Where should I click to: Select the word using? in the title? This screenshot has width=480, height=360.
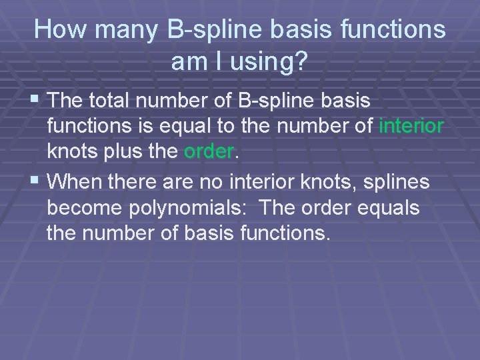[271, 62]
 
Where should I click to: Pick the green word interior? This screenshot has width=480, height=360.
[411, 126]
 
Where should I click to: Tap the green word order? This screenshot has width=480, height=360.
[209, 152]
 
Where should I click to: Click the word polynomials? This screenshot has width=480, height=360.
[192, 207]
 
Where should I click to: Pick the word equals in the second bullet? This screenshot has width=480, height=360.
[389, 207]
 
